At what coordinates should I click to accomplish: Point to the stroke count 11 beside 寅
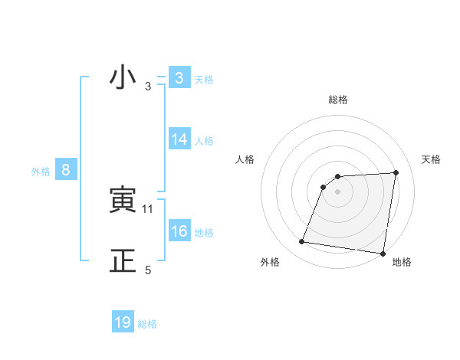(148, 208)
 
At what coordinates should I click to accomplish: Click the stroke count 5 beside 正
(148, 270)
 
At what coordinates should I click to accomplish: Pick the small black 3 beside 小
(148, 86)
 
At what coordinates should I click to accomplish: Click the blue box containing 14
(179, 139)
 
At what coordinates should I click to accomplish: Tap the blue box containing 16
(179, 231)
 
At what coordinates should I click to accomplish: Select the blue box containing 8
(66, 170)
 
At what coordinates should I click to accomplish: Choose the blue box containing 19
(123, 322)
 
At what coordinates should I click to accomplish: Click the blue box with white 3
(179, 78)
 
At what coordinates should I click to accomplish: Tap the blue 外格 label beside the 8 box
(41, 172)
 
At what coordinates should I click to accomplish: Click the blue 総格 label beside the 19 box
(147, 324)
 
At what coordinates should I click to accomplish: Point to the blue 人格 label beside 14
(204, 141)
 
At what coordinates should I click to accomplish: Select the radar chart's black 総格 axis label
(337, 100)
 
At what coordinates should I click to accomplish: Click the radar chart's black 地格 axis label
(402, 262)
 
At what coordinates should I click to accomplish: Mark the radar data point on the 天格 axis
(396, 172)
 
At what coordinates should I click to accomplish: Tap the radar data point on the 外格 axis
(302, 242)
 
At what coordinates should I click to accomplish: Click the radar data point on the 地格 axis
(383, 254)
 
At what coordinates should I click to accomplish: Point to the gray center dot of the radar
(337, 191)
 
